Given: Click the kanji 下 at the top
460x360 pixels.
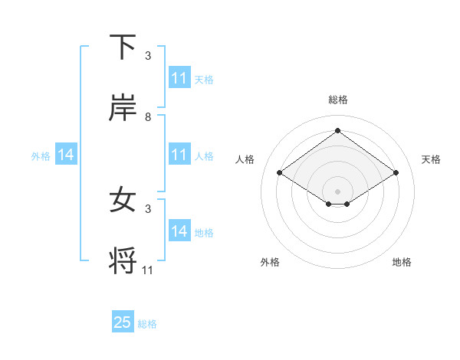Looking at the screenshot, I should [123, 47].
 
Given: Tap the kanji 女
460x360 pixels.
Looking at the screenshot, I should [123, 200].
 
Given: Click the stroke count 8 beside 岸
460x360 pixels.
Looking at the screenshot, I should [148, 117].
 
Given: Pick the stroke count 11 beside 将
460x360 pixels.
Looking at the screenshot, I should [148, 270].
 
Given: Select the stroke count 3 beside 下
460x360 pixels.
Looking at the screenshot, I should [148, 56].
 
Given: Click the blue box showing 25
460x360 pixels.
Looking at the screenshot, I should [123, 322].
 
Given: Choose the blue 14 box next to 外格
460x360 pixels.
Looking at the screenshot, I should [66, 155].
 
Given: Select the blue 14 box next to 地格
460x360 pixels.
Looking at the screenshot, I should [179, 231].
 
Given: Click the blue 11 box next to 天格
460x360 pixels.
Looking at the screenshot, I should [179, 78].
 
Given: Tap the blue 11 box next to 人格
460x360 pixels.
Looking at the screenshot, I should [179, 155].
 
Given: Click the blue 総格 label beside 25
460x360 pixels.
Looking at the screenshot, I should [147, 324].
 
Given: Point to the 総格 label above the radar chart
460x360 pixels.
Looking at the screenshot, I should [338, 100].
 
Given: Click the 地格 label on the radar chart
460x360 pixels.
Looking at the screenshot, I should [402, 262].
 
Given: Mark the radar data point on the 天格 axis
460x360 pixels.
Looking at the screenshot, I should [396, 173].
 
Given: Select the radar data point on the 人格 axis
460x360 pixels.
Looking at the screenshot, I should [280, 173].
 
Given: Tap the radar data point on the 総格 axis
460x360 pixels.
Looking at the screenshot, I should [338, 130].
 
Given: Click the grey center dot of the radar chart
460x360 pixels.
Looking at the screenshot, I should [338, 190].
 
